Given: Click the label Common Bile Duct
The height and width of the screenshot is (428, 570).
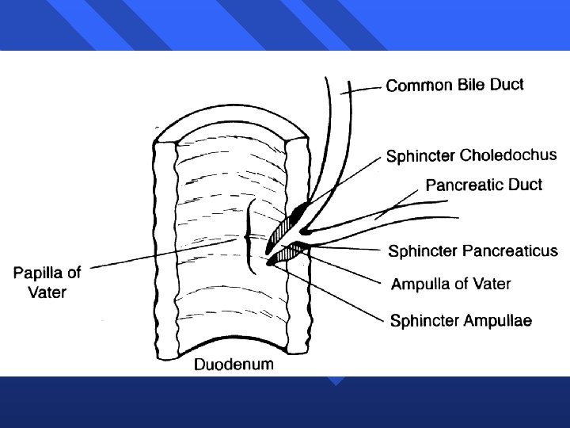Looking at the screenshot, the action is tap(454, 85).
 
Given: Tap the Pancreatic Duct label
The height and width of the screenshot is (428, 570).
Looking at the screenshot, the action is tap(484, 185).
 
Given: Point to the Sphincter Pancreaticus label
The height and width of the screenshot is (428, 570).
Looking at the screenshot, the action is tap(473, 251).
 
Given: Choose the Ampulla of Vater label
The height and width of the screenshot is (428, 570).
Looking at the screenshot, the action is tap(451, 284).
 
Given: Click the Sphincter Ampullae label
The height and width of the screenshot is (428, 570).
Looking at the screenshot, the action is tap(461, 320).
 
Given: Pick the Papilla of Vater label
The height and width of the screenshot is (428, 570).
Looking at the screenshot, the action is tap(47, 282).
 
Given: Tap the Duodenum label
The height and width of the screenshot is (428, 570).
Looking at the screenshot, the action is tap(234, 365).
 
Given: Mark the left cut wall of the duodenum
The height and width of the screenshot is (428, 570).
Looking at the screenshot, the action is tap(165, 246).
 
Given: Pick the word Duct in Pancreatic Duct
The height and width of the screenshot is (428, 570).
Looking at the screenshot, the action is tap(526, 185).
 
